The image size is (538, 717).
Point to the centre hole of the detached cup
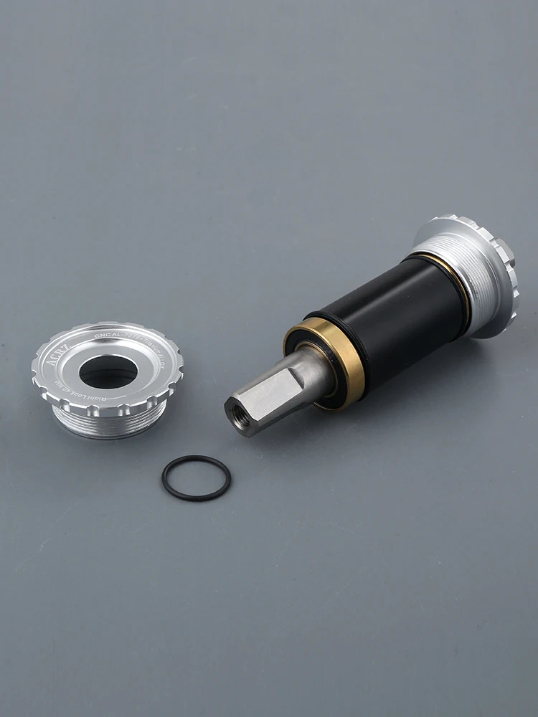108,371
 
